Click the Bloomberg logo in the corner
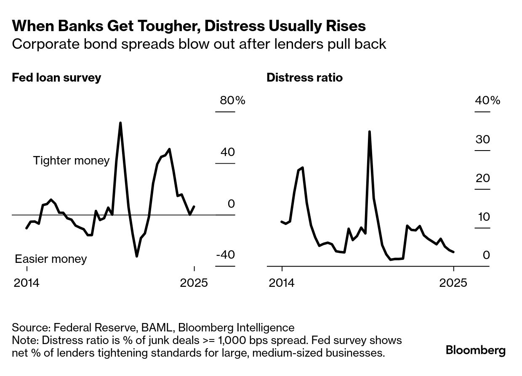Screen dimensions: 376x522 475,350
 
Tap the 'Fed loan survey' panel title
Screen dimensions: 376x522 56,78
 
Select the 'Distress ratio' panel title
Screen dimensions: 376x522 304,78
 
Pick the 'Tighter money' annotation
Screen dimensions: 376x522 71,160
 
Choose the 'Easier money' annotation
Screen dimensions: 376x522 51,259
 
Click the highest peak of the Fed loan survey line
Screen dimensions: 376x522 120,123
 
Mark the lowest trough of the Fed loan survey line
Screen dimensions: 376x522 137,256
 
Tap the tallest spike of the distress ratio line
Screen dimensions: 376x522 369,132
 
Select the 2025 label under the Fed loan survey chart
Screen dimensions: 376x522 194,283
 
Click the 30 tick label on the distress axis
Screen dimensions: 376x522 482,139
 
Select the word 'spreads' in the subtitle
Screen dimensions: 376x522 146,44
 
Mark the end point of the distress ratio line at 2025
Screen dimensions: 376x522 453,252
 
